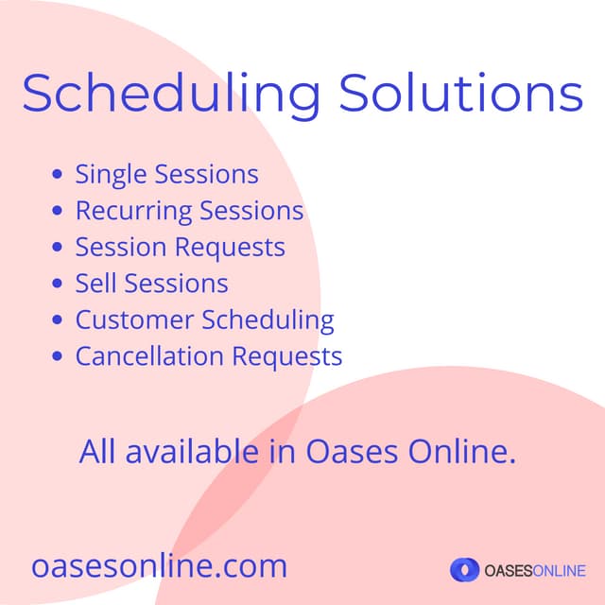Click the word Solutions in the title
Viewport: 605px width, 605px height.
point(461,93)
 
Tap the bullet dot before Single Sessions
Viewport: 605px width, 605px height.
point(59,175)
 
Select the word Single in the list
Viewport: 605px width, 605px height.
point(112,176)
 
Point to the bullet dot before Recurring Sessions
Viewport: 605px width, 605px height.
point(59,211)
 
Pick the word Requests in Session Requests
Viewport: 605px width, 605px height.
point(234,248)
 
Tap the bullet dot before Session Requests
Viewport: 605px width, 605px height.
point(59,248)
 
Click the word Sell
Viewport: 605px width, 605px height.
point(96,284)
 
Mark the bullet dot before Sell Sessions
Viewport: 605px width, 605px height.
point(59,284)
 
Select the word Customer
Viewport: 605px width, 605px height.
point(135,320)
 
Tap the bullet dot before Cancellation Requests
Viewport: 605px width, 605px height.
point(59,356)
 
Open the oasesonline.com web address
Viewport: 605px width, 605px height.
point(159,566)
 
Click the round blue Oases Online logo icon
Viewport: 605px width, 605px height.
point(464,569)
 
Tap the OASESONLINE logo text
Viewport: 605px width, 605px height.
point(534,570)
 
